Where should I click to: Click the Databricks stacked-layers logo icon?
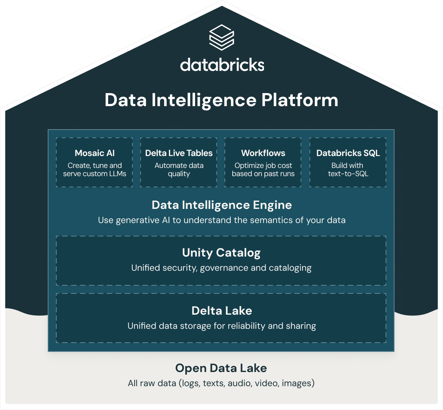pos(221,37)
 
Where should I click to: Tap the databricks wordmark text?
pos(222,65)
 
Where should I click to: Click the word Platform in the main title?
pos(300,100)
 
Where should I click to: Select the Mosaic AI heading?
pos(95,153)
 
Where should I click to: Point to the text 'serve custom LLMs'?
pos(95,174)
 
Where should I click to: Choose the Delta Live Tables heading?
pos(179,153)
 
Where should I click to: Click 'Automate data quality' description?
pos(179,169)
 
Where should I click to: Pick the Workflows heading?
pos(263,153)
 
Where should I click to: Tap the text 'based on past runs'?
pos(263,174)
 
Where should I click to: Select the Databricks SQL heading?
pos(348,153)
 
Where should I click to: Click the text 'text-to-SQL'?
pos(348,174)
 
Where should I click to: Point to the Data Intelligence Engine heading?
pos(221,205)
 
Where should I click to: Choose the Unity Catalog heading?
pos(221,253)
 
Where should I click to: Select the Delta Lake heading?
pos(221,311)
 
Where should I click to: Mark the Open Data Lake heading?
pos(221,368)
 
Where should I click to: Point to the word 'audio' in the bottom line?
pos(239,384)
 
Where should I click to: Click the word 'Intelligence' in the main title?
pos(204,100)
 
